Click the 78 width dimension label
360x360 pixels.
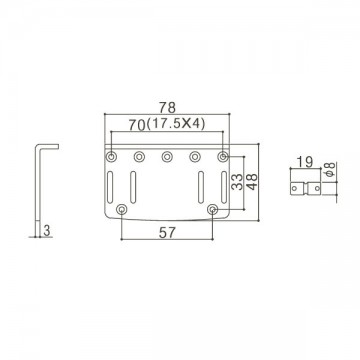tap(167, 107)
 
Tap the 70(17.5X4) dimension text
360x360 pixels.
tap(167, 125)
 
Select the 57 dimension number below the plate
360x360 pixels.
tap(167, 233)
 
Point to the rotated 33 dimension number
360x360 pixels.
tap(237, 182)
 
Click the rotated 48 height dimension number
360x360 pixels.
tap(252, 182)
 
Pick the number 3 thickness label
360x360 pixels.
tap(47, 231)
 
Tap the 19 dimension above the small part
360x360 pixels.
tap(305, 162)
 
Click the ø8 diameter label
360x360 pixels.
tap(330, 170)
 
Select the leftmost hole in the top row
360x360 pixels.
tap(111, 156)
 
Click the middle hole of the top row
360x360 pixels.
tap(167, 156)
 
